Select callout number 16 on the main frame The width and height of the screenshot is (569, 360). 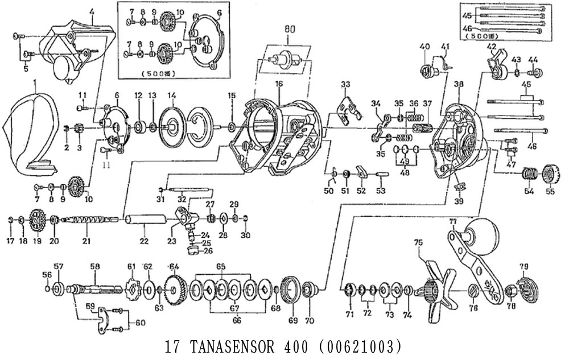click(x=279, y=84)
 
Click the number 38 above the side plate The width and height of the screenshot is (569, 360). click(x=459, y=84)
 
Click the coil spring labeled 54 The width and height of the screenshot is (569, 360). click(x=530, y=173)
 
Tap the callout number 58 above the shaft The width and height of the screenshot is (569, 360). click(x=94, y=266)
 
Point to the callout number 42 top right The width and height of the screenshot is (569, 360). click(x=492, y=46)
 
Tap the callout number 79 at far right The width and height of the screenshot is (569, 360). click(x=523, y=266)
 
